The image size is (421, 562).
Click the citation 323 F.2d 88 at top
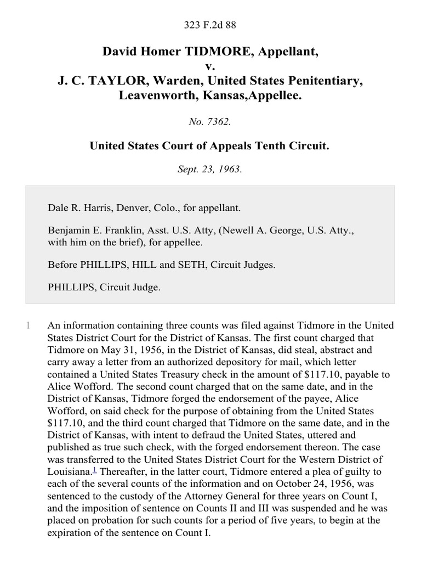point(210,24)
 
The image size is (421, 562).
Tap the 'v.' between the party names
point(210,66)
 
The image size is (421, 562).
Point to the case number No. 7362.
point(210,122)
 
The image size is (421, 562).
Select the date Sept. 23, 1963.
point(210,170)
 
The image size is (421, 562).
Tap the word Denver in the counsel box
point(126,208)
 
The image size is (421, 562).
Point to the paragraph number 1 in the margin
point(28,326)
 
